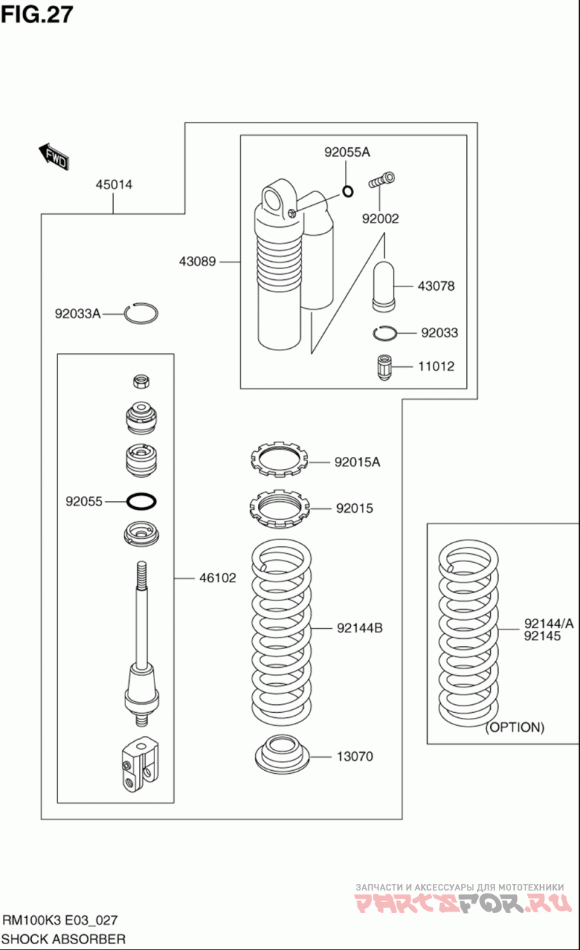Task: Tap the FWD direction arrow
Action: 54,156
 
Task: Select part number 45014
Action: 114,185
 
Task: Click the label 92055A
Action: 347,152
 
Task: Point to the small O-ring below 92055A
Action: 347,191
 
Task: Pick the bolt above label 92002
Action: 381,179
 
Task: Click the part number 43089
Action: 198,261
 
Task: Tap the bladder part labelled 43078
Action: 384,285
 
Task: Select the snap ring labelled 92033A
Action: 141,313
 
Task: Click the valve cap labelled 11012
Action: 385,366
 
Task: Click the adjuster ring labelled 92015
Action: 280,508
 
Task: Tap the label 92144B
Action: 359,628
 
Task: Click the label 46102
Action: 217,578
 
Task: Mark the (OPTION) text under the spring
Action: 514,727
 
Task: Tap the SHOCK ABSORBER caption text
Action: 64,939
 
